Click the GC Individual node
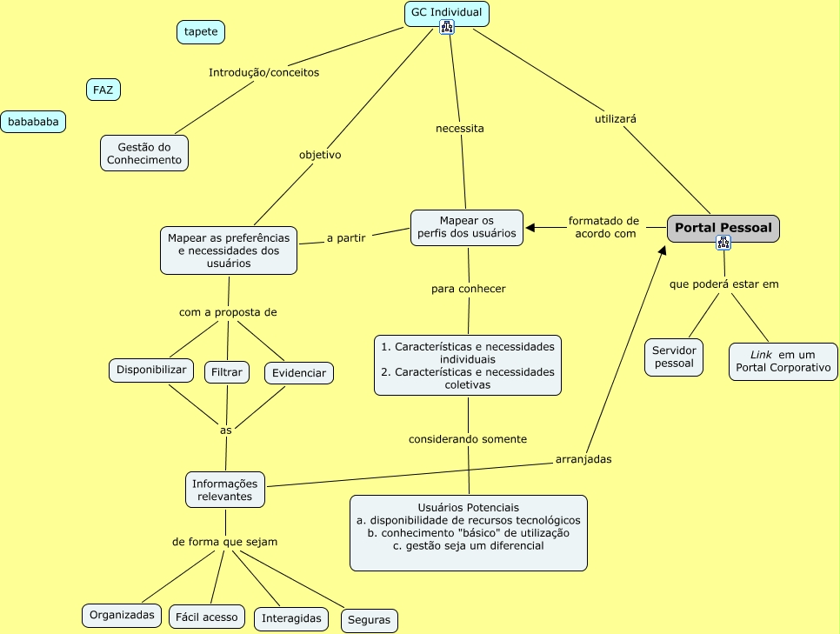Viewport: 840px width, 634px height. pyautogui.click(x=447, y=13)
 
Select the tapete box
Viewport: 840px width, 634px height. pyautogui.click(x=201, y=31)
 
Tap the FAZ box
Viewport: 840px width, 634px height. pyautogui.click(x=103, y=90)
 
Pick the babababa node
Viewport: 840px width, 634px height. pyautogui.click(x=33, y=122)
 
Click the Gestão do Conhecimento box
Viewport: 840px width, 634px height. pyautogui.click(x=144, y=153)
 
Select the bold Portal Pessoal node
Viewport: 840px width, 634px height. pyautogui.click(x=723, y=229)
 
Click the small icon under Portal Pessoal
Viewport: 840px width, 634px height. pyautogui.click(x=723, y=243)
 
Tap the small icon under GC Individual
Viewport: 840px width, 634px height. pyautogui.click(x=447, y=27)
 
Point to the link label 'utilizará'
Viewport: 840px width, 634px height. pyautogui.click(x=616, y=119)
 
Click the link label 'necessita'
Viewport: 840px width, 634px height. pyautogui.click(x=460, y=129)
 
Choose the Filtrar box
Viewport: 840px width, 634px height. pyautogui.click(x=227, y=372)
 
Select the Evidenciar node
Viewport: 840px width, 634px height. pyautogui.click(x=299, y=373)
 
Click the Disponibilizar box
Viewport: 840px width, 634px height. pyautogui.click(x=151, y=370)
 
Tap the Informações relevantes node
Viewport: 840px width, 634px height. pyautogui.click(x=225, y=490)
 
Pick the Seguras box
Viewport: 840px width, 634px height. pyautogui.click(x=369, y=620)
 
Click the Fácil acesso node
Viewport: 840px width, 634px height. pyautogui.click(x=207, y=617)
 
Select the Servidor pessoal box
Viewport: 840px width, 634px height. pyautogui.click(x=674, y=357)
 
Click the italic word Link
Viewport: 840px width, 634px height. pyautogui.click(x=761, y=355)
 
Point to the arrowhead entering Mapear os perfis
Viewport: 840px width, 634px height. pyautogui.click(x=530, y=228)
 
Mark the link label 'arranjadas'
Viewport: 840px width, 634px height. pyautogui.click(x=583, y=459)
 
